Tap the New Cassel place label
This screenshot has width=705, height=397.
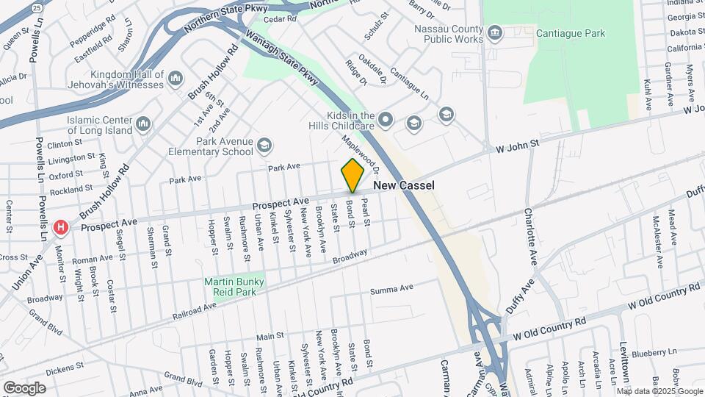404,185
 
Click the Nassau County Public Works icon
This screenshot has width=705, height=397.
496,32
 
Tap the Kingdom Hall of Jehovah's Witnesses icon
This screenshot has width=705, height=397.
176,78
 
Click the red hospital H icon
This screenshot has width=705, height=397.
62,227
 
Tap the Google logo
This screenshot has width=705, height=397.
24,387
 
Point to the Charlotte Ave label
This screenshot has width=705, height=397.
529,236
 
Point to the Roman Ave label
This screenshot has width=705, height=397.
90,260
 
